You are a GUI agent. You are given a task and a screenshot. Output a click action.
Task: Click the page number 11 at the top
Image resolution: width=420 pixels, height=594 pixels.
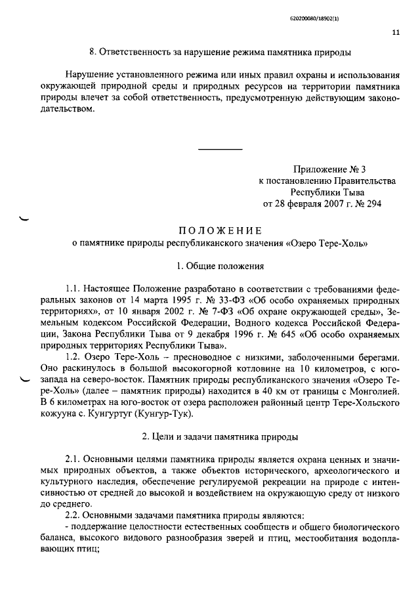pyautogui.click(x=395, y=31)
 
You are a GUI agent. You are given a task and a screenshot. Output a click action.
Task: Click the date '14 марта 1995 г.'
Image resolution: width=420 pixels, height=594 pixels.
pyautogui.click(x=145, y=300)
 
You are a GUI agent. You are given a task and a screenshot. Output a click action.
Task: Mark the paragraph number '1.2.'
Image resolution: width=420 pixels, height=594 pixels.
pyautogui.click(x=74, y=356)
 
